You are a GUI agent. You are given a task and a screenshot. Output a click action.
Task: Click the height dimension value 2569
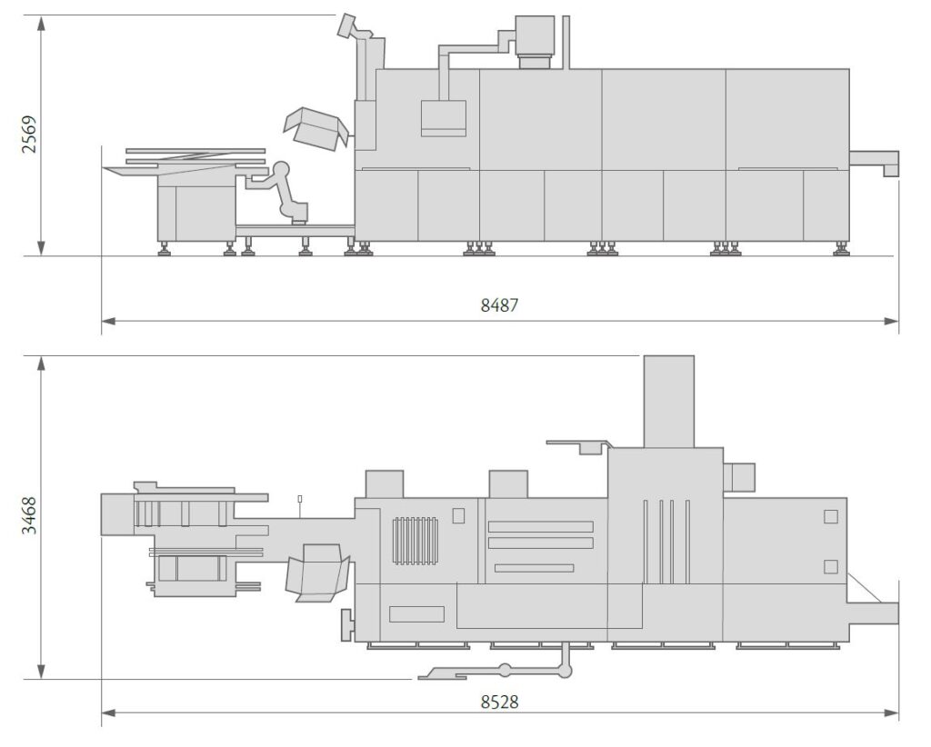[x=30, y=134]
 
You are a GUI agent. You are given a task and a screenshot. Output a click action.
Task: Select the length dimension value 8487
[x=499, y=305]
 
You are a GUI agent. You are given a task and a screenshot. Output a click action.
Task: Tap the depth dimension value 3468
[x=30, y=515]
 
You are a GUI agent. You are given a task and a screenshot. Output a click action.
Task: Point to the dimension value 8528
[x=499, y=702]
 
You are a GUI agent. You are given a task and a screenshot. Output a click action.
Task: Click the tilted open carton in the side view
[x=315, y=128]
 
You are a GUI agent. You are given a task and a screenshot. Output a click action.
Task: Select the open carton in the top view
[x=317, y=573]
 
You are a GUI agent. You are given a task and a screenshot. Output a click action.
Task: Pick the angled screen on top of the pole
[x=347, y=25]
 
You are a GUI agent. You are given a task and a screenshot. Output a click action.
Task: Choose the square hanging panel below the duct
[x=443, y=118]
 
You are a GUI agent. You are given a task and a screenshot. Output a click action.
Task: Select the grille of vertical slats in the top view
[x=415, y=541]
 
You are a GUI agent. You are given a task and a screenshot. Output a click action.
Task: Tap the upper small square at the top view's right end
[x=830, y=517]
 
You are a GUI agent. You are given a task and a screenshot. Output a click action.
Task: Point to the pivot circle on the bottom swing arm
[x=505, y=672]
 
